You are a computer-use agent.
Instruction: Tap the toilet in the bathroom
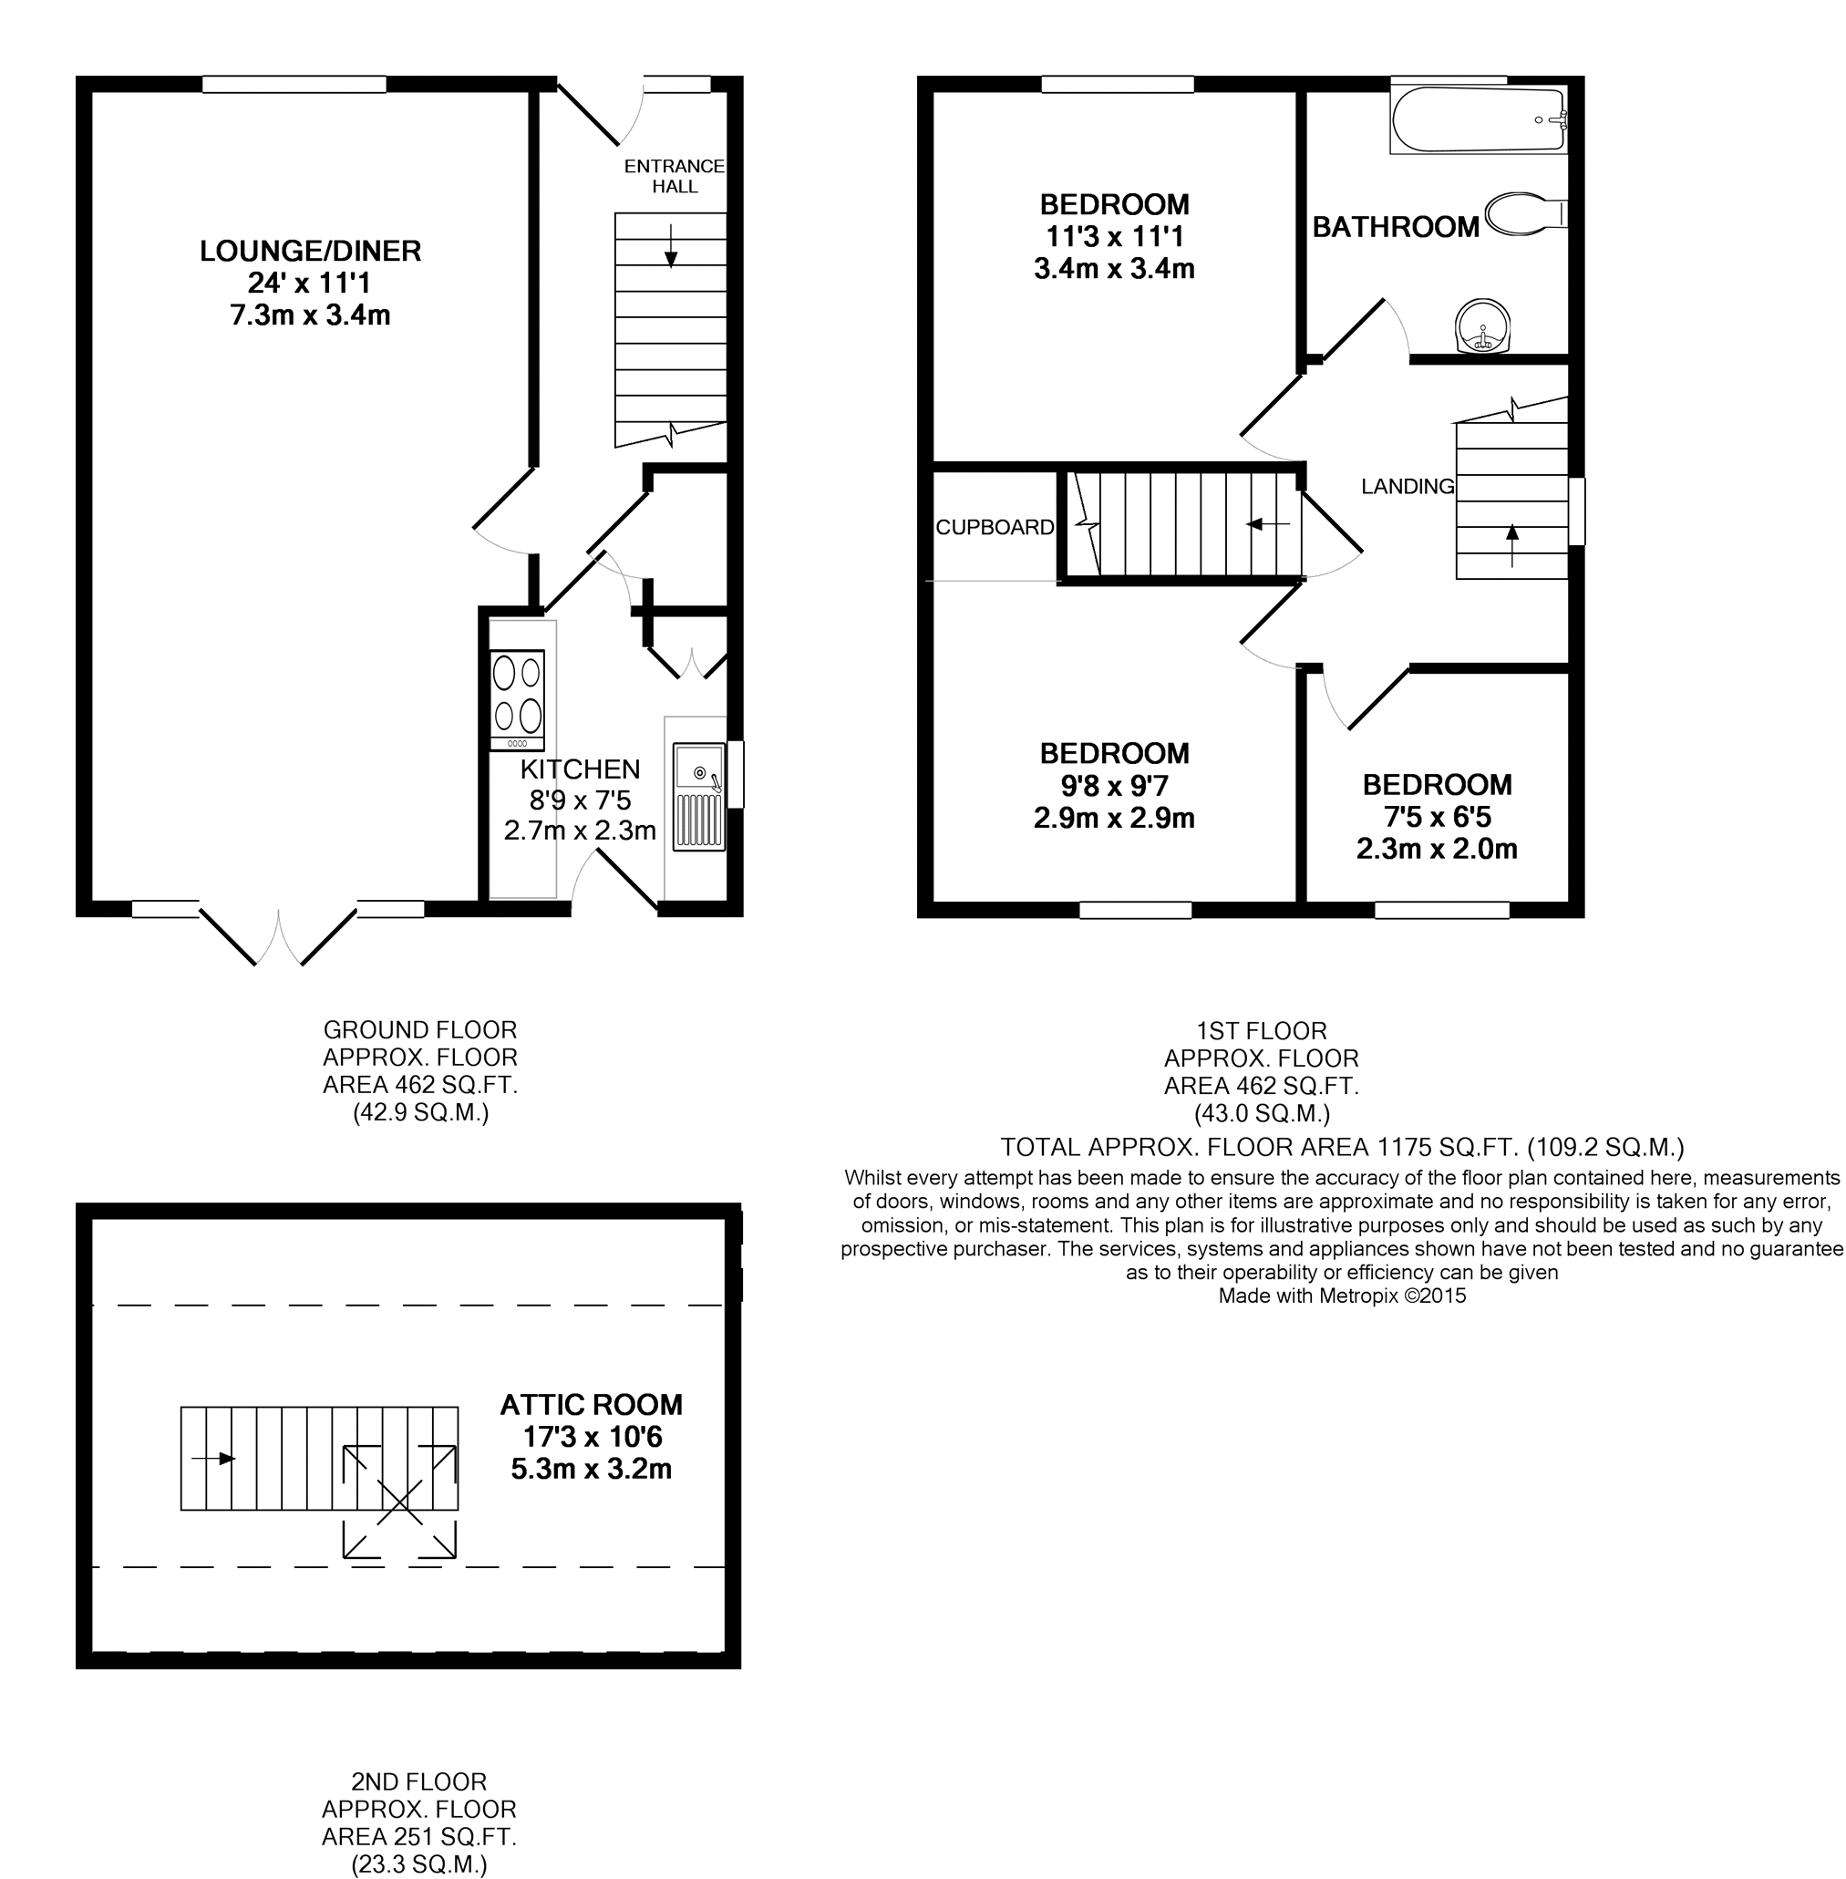[x=1525, y=213]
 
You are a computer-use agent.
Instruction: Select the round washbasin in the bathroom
[x=1482, y=325]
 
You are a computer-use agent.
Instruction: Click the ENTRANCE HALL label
[x=674, y=177]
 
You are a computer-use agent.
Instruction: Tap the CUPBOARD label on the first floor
[x=995, y=528]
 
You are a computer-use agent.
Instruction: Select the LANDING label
[x=1408, y=487]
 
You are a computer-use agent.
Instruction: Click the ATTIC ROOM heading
[x=592, y=1405]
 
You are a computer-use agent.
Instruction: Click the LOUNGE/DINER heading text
[x=310, y=251]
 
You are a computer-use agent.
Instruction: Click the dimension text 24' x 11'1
[x=310, y=284]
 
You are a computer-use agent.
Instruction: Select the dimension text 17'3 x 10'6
[x=592, y=1437]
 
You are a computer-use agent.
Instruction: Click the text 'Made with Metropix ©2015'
[x=1342, y=1296]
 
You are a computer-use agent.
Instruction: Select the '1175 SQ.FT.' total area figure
[x=1448, y=1148]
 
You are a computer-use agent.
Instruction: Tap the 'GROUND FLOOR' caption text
[x=420, y=1029]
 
